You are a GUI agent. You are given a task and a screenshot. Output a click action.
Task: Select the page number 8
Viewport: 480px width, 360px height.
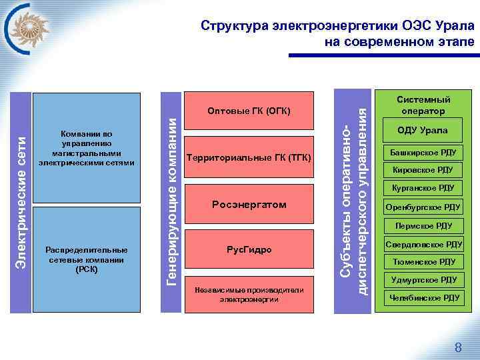point(458,347)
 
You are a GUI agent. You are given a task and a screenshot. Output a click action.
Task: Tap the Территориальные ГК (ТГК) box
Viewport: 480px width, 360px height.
point(249,157)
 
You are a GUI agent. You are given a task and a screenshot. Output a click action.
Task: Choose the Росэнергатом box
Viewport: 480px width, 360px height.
point(249,204)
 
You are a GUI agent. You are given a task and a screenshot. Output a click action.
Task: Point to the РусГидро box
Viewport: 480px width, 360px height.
point(249,249)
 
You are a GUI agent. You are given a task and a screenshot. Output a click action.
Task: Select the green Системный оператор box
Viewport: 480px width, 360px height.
point(423,104)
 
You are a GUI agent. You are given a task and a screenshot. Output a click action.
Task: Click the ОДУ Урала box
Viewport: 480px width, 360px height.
point(423,131)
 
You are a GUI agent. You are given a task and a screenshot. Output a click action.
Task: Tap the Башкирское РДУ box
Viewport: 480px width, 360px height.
point(423,152)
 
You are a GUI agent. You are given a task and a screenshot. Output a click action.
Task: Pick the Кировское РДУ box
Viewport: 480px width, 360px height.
point(423,170)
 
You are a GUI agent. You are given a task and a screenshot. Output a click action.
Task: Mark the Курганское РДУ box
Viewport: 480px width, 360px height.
point(423,188)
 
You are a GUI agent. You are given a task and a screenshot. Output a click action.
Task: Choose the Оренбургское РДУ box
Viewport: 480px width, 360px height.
point(423,207)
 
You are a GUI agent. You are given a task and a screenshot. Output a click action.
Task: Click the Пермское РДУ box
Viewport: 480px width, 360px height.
point(423,225)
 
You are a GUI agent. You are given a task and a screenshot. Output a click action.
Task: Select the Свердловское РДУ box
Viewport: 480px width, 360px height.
point(423,244)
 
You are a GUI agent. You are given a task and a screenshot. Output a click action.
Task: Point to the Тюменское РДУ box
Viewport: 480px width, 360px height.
point(423,262)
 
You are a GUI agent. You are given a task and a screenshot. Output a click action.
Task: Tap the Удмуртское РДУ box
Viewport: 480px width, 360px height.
point(423,280)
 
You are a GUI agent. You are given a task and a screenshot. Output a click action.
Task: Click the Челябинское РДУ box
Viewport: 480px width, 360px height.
point(423,298)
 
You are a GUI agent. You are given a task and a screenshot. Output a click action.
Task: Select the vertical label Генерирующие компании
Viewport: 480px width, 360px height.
point(172,201)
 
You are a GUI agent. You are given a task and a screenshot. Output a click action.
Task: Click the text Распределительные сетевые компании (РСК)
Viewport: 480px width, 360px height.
point(87,259)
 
